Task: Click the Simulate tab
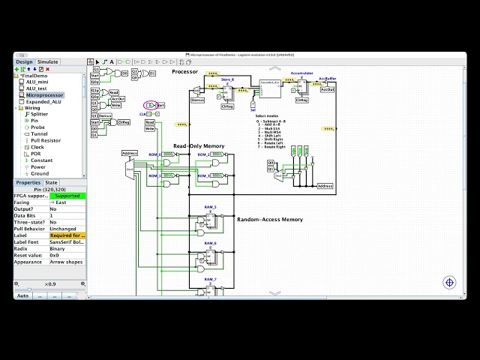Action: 48,62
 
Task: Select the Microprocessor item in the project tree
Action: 45,95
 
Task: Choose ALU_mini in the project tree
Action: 37,82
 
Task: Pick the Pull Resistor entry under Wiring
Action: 46,140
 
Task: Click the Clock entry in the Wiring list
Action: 37,147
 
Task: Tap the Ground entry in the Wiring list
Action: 40,173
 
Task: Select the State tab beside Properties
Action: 51,182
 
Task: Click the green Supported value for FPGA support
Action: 67,196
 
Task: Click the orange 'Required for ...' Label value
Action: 67,235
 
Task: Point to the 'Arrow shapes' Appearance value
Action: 67,262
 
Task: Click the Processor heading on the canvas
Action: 184,71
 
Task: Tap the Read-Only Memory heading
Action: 199,145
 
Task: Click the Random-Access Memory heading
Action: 270,220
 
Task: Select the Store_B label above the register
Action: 227,79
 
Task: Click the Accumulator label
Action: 301,73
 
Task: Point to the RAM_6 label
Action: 210,243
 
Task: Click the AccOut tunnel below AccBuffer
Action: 327,90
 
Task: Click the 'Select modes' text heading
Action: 267,116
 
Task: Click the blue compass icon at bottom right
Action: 449,283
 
